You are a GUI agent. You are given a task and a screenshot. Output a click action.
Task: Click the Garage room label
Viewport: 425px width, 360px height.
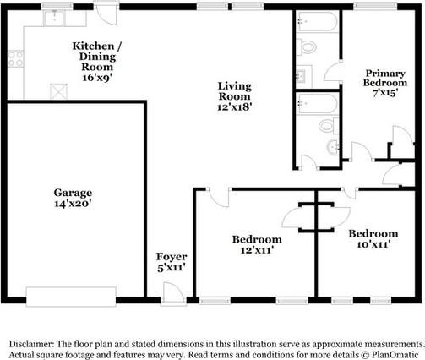(x=73, y=193)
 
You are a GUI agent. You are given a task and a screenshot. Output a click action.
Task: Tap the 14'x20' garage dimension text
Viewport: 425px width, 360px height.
(x=73, y=204)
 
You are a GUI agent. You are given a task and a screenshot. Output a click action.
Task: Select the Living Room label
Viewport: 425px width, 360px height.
(x=234, y=91)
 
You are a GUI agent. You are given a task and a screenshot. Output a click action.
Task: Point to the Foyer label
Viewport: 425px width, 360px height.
(x=172, y=257)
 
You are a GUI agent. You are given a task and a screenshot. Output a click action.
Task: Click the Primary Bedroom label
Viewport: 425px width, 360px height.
(x=385, y=78)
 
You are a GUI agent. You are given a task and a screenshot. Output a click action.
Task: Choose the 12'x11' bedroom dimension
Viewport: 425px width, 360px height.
(x=257, y=250)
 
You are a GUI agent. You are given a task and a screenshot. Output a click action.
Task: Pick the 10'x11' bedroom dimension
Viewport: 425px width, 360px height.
(x=373, y=244)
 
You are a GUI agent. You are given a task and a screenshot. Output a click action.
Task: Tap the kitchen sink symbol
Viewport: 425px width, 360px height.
(x=54, y=18)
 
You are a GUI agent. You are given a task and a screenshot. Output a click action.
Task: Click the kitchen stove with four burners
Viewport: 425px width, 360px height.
(x=15, y=58)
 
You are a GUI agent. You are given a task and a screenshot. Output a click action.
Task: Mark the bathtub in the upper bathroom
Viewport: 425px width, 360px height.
(x=318, y=21)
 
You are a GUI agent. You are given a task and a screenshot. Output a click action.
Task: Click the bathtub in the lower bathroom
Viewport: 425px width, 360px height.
(x=318, y=104)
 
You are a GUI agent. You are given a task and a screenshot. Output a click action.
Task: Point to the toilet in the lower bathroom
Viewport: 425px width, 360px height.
(x=329, y=125)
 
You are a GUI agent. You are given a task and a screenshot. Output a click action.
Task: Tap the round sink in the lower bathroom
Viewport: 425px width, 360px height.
(x=333, y=147)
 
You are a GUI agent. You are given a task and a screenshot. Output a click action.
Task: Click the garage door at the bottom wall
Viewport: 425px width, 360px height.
(x=71, y=297)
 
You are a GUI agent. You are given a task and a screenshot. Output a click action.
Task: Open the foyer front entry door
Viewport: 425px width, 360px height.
(x=173, y=294)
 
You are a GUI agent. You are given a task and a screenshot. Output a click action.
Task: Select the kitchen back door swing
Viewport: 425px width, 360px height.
(x=106, y=14)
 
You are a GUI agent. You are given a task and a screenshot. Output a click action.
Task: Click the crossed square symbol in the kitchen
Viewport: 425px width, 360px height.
(x=58, y=91)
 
